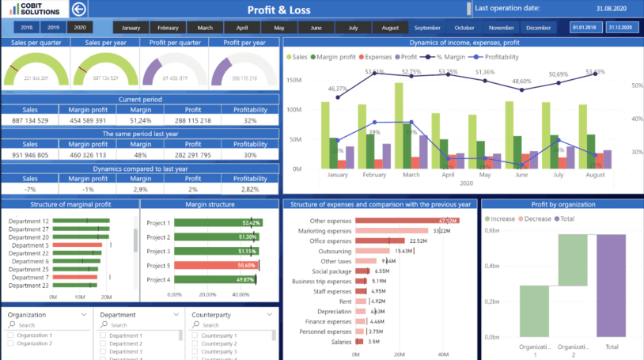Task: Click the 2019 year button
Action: pos(52,28)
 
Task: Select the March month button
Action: pos(204,28)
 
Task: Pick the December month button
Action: pos(538,28)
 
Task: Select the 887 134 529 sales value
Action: pos(30,120)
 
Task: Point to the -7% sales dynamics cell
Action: pos(30,190)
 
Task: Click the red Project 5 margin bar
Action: pos(216,265)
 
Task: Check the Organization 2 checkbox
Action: pos(10,343)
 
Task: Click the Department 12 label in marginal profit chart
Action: pos(28,222)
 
